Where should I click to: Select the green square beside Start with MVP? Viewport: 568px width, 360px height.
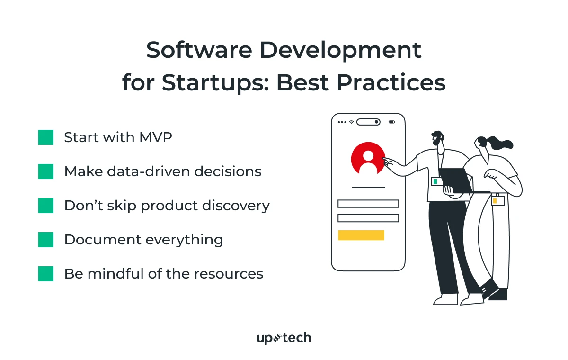coord(46,137)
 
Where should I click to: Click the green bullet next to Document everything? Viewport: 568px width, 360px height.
coord(46,240)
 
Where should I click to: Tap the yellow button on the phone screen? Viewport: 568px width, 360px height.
coord(361,235)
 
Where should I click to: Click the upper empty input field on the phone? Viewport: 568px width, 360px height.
coord(368,204)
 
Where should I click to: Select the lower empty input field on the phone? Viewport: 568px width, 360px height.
coord(368,218)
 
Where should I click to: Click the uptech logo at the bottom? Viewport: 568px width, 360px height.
coord(284,338)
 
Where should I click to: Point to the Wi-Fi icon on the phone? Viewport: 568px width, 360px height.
coord(351,122)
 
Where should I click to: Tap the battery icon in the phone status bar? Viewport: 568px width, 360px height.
coord(391,122)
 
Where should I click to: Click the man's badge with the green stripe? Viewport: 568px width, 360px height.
coord(436,181)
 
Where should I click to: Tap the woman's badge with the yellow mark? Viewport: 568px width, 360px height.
coord(497,201)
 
